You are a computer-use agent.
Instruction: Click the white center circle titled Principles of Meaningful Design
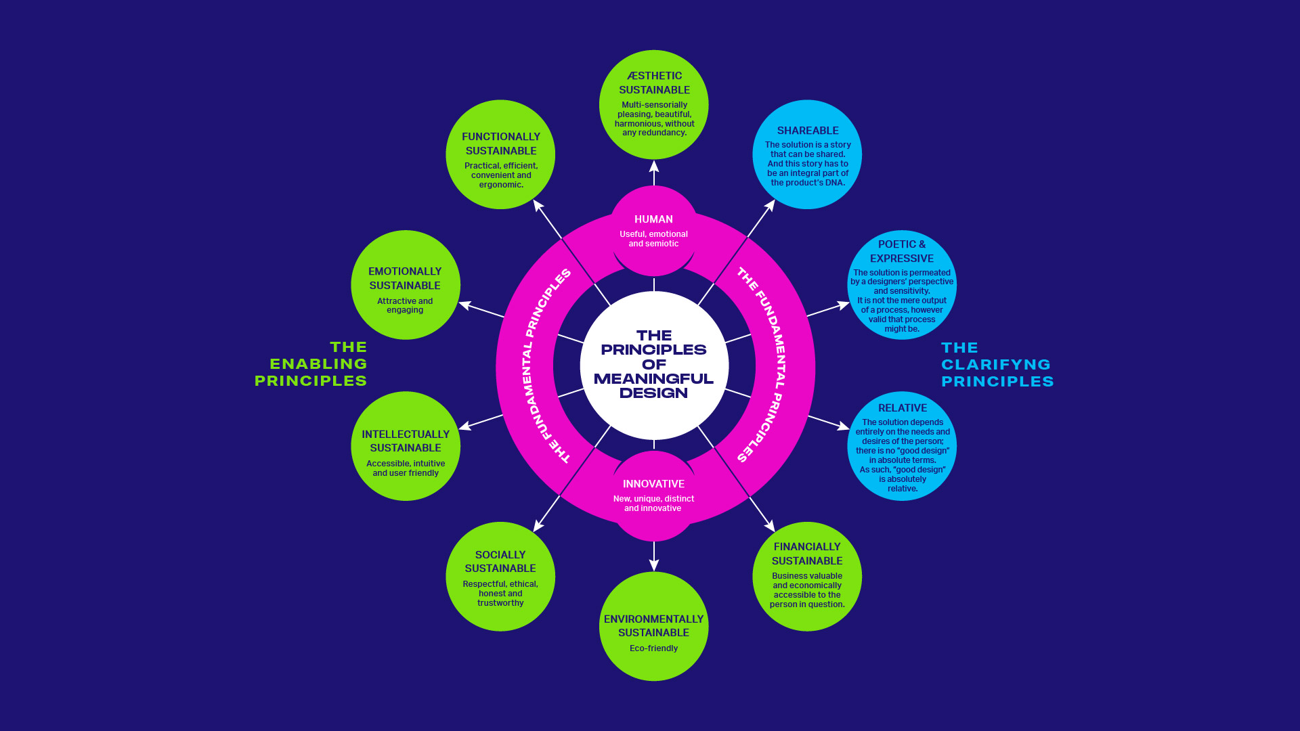pyautogui.click(x=654, y=365)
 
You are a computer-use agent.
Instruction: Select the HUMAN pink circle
pyautogui.click(x=654, y=231)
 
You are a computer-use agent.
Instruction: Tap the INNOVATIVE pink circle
pyautogui.click(x=654, y=495)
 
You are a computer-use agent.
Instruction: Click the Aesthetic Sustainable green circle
pyautogui.click(x=654, y=105)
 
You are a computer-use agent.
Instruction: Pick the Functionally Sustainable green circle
pyautogui.click(x=500, y=155)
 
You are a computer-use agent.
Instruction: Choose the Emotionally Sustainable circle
pyautogui.click(x=406, y=285)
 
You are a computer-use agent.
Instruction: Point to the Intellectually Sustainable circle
pyautogui.click(x=406, y=446)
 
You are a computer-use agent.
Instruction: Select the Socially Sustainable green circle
pyautogui.click(x=500, y=577)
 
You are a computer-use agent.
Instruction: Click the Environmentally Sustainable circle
pyautogui.click(x=654, y=627)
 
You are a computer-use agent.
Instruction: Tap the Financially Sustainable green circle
pyautogui.click(x=807, y=577)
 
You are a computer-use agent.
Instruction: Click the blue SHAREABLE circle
pyautogui.click(x=807, y=155)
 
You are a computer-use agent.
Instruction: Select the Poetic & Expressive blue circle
pyautogui.click(x=902, y=285)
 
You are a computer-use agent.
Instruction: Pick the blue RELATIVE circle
pyautogui.click(x=902, y=446)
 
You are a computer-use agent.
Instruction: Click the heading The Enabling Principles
pyautogui.click(x=311, y=364)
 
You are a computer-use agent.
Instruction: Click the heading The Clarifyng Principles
pyautogui.click(x=997, y=365)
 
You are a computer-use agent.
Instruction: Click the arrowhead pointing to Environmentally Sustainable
pyautogui.click(x=654, y=565)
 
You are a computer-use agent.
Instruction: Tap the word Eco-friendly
pyautogui.click(x=654, y=648)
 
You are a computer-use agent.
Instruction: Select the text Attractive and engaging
pyautogui.click(x=405, y=305)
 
